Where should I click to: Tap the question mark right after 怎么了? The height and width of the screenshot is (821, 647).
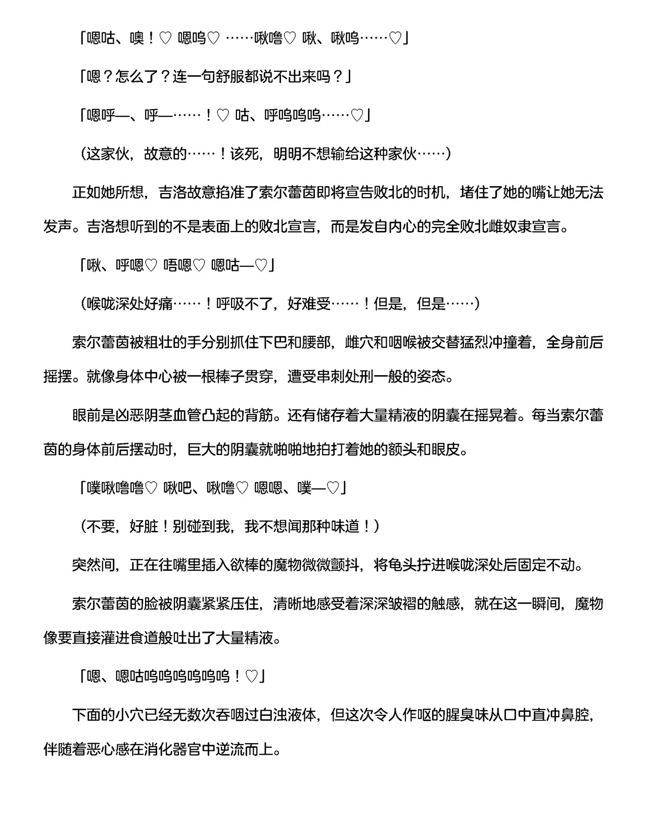pyautogui.click(x=165, y=77)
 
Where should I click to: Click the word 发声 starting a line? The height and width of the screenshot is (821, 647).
pyautogui.click(x=58, y=226)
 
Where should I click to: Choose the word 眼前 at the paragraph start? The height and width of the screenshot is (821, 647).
pyautogui.click(x=86, y=415)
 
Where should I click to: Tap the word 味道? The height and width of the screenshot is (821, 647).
pyautogui.click(x=345, y=526)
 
